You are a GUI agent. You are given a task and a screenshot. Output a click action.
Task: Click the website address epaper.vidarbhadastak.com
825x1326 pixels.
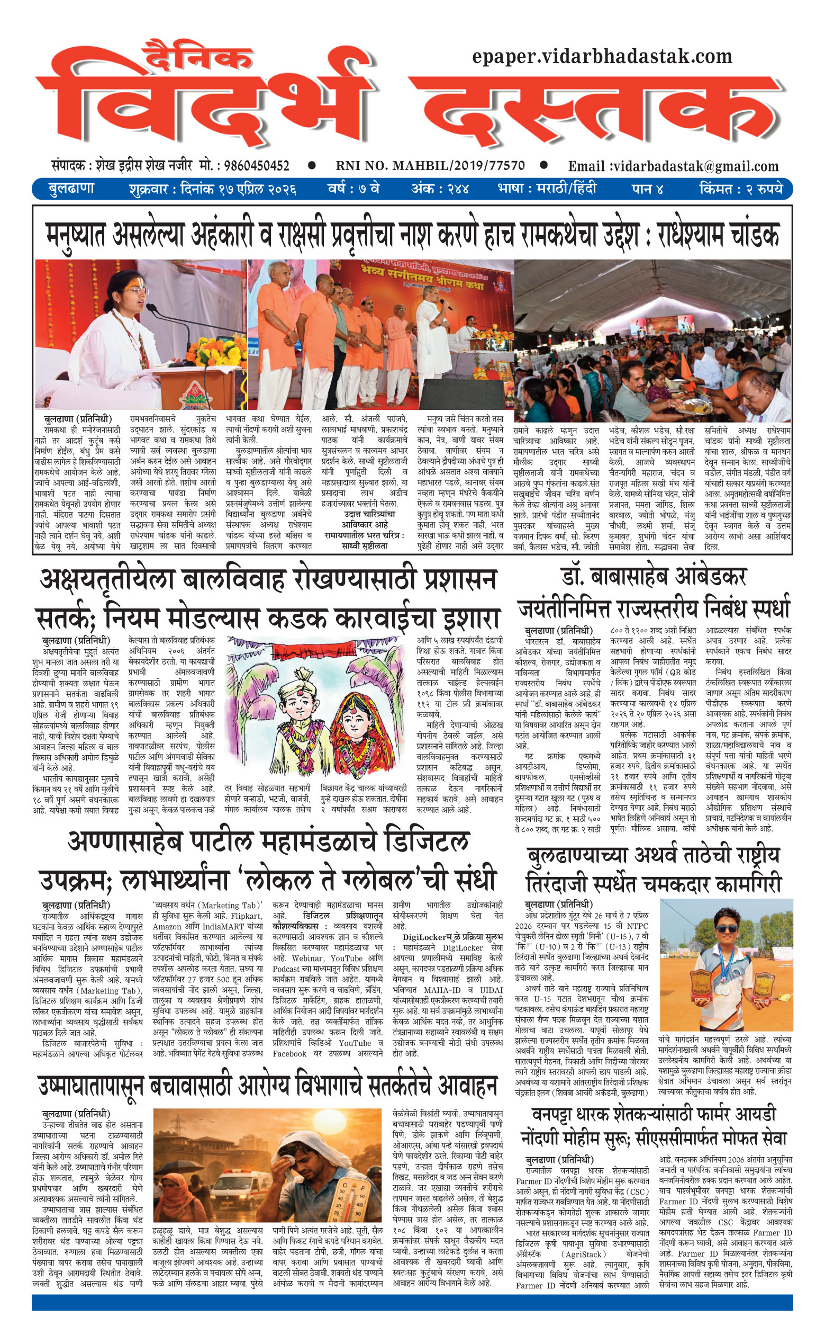(602, 56)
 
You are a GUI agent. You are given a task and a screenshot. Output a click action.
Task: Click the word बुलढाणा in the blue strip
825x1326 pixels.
(71, 189)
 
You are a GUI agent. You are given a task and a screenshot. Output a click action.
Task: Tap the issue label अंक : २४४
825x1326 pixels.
(440, 189)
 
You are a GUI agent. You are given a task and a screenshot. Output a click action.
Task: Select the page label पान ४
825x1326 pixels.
(647, 189)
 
